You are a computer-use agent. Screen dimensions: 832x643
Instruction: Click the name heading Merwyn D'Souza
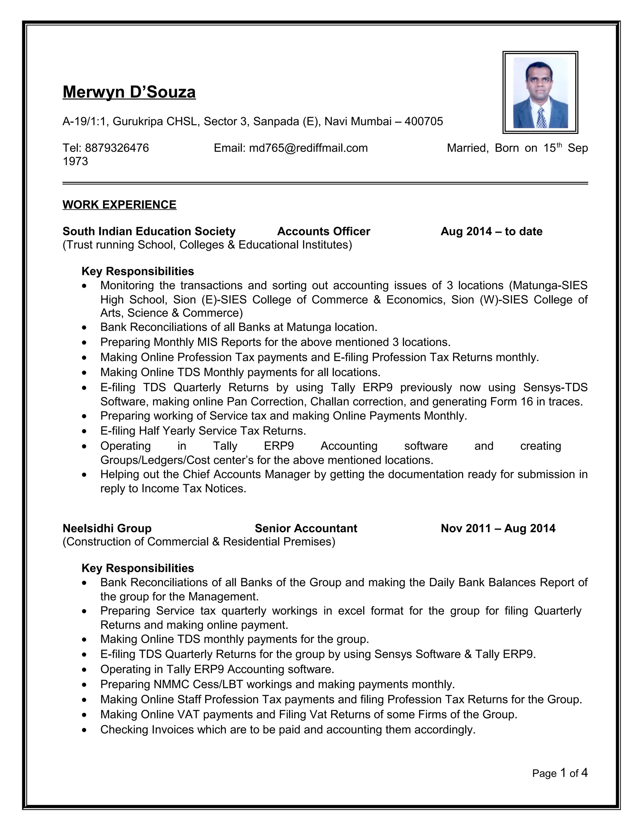129,92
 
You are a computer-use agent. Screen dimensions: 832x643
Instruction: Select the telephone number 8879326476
116,148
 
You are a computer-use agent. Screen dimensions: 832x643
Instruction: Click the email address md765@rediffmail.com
308,148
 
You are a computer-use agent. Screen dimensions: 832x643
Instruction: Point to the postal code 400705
424,122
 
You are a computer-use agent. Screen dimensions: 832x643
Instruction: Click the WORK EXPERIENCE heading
119,205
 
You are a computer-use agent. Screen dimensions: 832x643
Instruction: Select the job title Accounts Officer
323,231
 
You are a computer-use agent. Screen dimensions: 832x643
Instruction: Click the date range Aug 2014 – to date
491,231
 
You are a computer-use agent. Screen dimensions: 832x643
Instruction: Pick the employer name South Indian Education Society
149,231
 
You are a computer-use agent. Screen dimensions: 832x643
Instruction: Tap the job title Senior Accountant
306,528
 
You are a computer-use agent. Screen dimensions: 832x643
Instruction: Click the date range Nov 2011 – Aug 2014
498,528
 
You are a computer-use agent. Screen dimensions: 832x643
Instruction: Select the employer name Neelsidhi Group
107,528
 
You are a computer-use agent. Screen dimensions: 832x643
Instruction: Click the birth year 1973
75,161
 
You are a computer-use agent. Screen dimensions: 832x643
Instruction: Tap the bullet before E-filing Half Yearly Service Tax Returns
84,432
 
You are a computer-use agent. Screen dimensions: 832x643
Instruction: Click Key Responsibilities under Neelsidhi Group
138,568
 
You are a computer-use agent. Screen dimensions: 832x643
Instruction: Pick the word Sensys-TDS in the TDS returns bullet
555,387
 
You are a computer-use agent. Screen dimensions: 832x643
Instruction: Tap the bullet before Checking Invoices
84,730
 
